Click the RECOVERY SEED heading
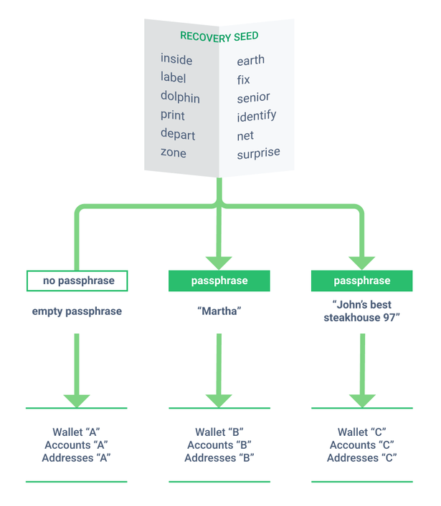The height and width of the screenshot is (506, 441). (x=219, y=36)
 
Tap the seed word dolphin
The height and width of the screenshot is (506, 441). (x=180, y=97)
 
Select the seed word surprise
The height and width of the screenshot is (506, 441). (x=258, y=153)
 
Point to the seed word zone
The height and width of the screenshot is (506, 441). (x=173, y=152)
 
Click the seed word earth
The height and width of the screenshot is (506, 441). (x=250, y=60)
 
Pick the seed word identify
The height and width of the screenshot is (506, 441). (x=256, y=116)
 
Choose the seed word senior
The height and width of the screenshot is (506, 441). (x=253, y=97)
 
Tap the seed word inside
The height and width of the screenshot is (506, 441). (x=176, y=59)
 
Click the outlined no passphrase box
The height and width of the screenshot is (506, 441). (x=77, y=281)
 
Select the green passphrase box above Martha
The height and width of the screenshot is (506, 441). (x=219, y=281)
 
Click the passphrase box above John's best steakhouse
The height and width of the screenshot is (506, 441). (x=361, y=281)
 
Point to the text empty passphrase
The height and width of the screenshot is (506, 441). (x=77, y=311)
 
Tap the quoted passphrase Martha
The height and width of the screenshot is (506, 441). (x=219, y=311)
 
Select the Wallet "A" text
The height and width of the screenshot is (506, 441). (x=76, y=432)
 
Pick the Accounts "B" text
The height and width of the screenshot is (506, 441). (x=219, y=445)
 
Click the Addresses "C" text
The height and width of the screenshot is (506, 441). (x=361, y=458)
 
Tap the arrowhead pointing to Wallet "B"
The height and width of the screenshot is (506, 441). (x=219, y=400)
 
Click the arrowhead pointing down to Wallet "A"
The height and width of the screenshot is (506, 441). (x=77, y=400)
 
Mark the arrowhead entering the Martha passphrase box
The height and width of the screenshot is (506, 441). (x=219, y=262)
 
